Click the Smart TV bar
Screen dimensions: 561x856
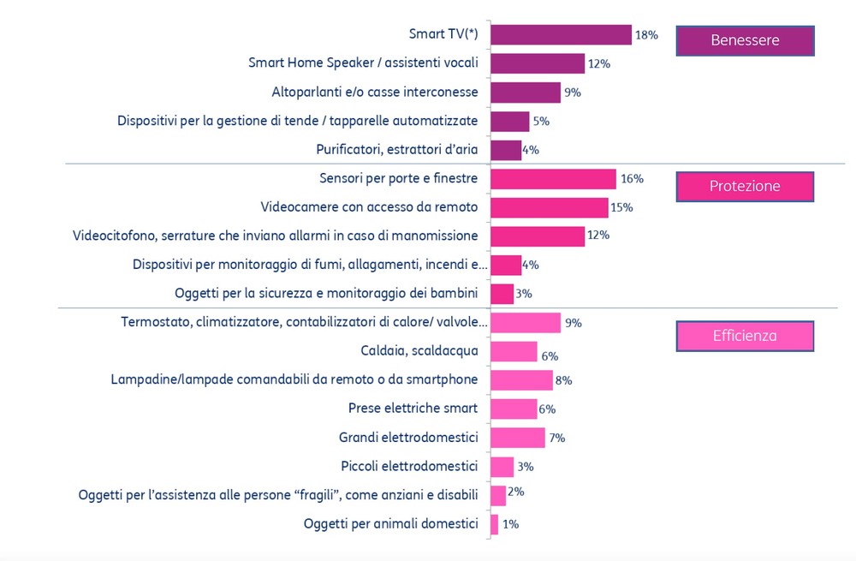(561, 34)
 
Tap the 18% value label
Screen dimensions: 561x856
(645, 35)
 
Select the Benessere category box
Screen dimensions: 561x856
(745, 40)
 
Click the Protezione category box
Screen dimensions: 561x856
(745, 187)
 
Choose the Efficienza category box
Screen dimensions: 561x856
(745, 336)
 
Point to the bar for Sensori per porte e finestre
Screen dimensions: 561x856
(553, 178)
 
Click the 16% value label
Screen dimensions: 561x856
(632, 178)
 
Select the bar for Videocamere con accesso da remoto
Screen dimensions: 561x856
(549, 207)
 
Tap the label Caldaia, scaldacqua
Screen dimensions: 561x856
(419, 351)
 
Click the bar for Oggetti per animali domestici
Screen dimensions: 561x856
(494, 524)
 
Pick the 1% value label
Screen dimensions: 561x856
(510, 524)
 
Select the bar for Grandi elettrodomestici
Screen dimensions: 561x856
(517, 438)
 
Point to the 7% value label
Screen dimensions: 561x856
(557, 438)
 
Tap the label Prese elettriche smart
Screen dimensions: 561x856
(413, 409)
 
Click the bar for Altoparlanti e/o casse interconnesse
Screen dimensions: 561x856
(526, 92)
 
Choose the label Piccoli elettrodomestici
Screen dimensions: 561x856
(409, 466)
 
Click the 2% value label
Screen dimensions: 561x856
(515, 492)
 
